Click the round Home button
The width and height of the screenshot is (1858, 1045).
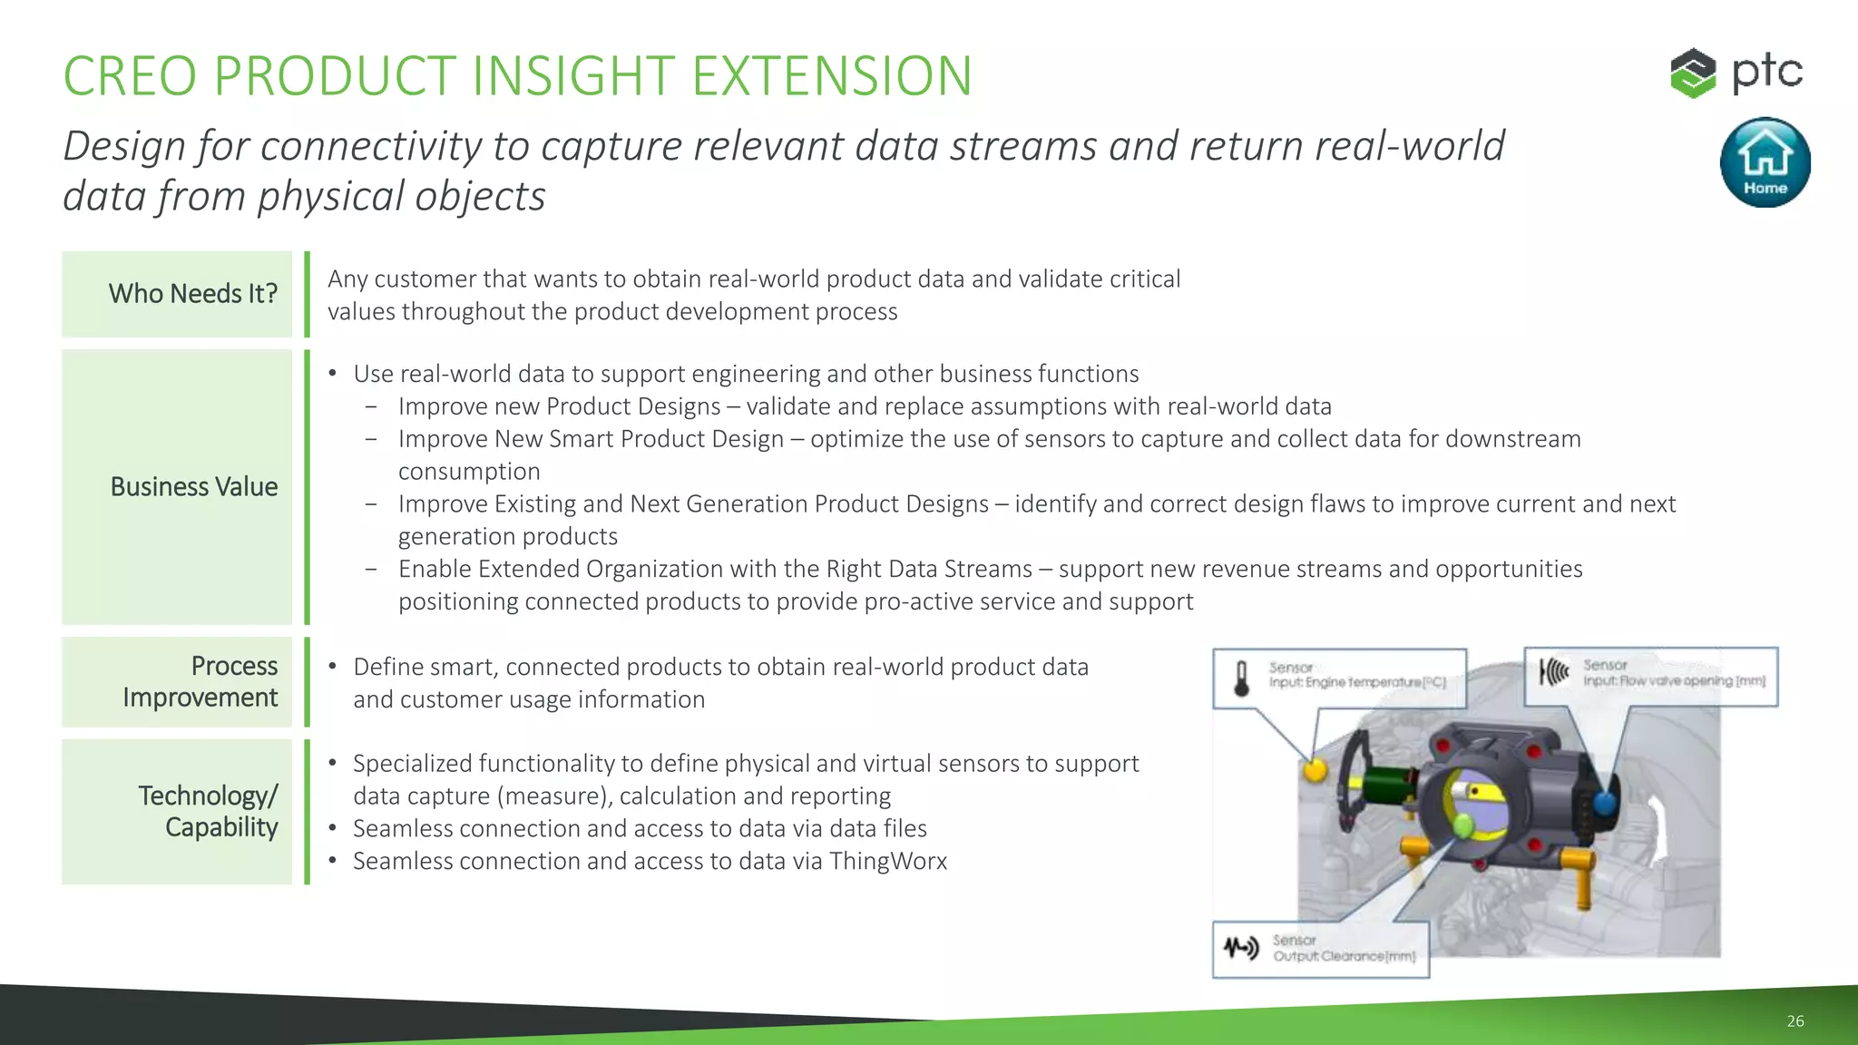pyautogui.click(x=1765, y=162)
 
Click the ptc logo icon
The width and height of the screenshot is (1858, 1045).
pyautogui.click(x=1693, y=73)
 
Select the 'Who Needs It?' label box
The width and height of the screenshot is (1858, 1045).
pyautogui.click(x=178, y=294)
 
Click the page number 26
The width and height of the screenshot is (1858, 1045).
pyautogui.click(x=1794, y=1021)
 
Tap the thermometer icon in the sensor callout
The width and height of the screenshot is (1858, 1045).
pyautogui.click(x=1241, y=678)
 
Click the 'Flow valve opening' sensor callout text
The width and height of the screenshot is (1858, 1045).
pyautogui.click(x=1673, y=680)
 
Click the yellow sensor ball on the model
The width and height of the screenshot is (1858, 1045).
pyautogui.click(x=1315, y=770)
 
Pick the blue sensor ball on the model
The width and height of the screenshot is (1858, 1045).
pyautogui.click(x=1604, y=803)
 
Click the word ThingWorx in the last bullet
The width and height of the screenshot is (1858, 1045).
pyautogui.click(x=887, y=861)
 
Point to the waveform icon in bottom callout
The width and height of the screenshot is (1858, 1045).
pyautogui.click(x=1240, y=949)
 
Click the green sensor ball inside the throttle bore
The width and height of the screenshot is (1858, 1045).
pyautogui.click(x=1462, y=826)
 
